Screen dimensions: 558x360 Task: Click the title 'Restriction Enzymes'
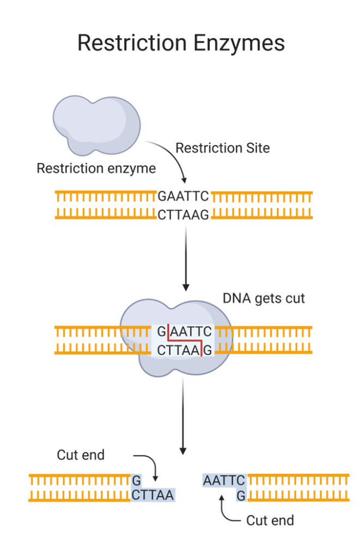[x=180, y=43]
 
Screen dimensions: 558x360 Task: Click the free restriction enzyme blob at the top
[x=96, y=124]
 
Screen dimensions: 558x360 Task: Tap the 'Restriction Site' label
[x=222, y=148]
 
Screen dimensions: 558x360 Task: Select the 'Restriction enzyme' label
[x=96, y=168]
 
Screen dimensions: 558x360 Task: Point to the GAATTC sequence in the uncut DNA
[x=184, y=196]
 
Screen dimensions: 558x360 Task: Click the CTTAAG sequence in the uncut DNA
[x=184, y=215]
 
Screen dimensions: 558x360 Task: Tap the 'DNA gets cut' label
[x=264, y=298]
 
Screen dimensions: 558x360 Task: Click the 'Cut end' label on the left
[x=81, y=455]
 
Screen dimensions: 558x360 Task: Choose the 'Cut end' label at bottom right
[x=270, y=520]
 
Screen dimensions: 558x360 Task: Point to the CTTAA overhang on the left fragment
[x=152, y=495]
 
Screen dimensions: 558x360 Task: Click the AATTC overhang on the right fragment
[x=224, y=481]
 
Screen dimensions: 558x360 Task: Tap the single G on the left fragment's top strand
[x=137, y=481]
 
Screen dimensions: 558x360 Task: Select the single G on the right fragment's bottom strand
[x=241, y=495]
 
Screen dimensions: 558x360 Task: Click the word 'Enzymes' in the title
[x=236, y=43]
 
